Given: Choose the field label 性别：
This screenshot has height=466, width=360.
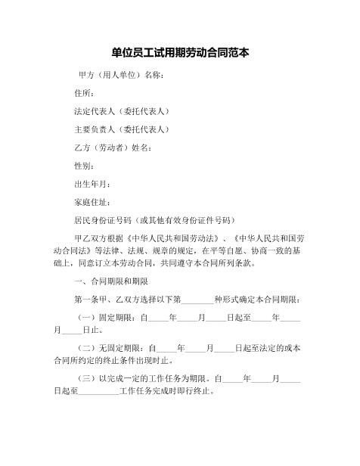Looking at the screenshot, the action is coord(84,166).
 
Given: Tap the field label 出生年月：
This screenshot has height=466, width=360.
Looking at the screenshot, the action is coord(94,184).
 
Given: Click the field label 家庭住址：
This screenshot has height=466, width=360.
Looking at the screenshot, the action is coord(94,202).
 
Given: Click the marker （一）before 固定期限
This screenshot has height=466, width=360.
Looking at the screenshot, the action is coord(88,319).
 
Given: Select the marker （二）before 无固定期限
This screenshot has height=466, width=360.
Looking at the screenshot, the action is coord(88,349).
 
